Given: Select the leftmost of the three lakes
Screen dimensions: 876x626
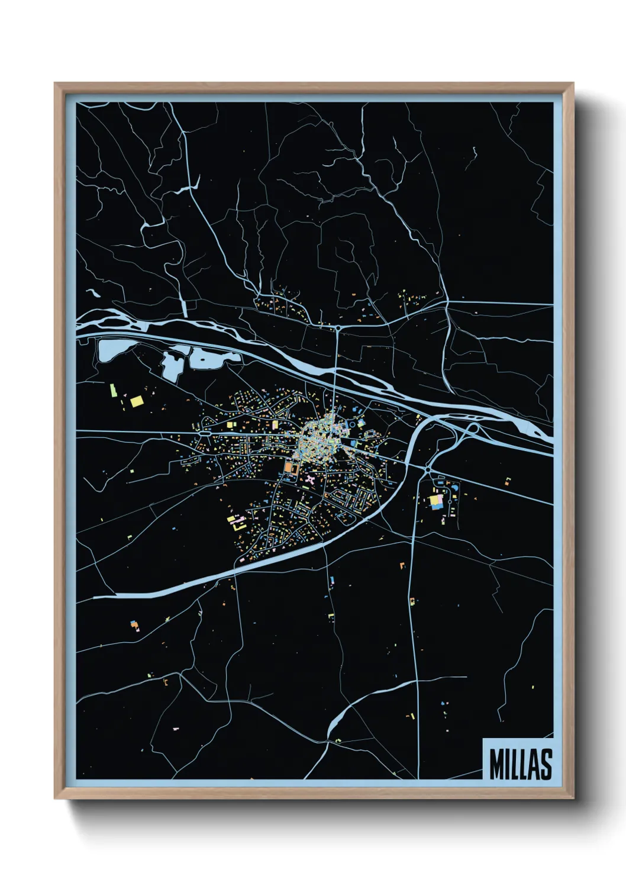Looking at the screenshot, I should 110,350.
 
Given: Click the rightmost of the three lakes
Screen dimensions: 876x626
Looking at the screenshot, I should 214,358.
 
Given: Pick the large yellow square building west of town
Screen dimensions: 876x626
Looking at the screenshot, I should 137,401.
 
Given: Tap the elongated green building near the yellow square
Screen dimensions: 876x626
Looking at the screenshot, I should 112,390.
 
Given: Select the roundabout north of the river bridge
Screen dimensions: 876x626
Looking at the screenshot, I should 337,327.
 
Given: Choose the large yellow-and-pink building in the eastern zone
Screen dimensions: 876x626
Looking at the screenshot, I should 436,502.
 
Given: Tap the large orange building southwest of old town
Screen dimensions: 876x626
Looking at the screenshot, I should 289,468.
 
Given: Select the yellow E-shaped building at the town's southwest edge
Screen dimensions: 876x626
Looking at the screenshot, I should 237,523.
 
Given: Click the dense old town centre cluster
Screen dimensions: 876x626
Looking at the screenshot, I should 320,438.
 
